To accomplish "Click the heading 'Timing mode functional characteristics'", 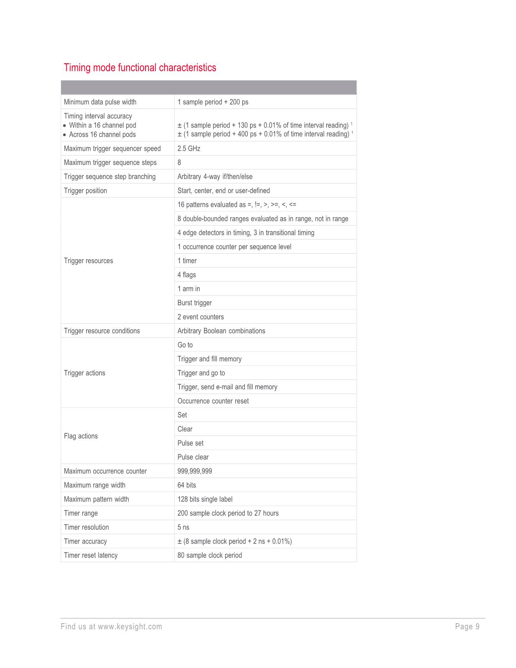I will coord(140,68).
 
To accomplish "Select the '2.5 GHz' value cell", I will coord(189,149).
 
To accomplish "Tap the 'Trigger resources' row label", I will coord(88,261).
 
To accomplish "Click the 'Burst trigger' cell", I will coord(195,303).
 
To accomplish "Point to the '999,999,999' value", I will coord(195,471).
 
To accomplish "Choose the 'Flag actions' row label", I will coord(81,436).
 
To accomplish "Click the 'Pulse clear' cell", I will coord(193,457).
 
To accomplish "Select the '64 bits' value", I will coord(187,485).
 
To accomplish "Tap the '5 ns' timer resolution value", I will coord(183,527).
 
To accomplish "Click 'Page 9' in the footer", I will coord(467,627).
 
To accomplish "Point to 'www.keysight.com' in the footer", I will coord(130,627).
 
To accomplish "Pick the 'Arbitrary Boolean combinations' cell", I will coord(221,331).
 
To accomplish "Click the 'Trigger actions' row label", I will coord(84,373).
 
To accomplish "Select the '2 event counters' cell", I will coord(201,317).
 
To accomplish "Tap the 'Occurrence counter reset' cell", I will coord(213,401).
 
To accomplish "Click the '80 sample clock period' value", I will coord(210,555).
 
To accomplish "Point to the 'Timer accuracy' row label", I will coord(85,541).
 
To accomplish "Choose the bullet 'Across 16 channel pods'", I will coord(102,134).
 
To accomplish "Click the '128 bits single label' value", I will coord(205,499).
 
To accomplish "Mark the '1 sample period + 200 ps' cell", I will coord(213,102).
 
